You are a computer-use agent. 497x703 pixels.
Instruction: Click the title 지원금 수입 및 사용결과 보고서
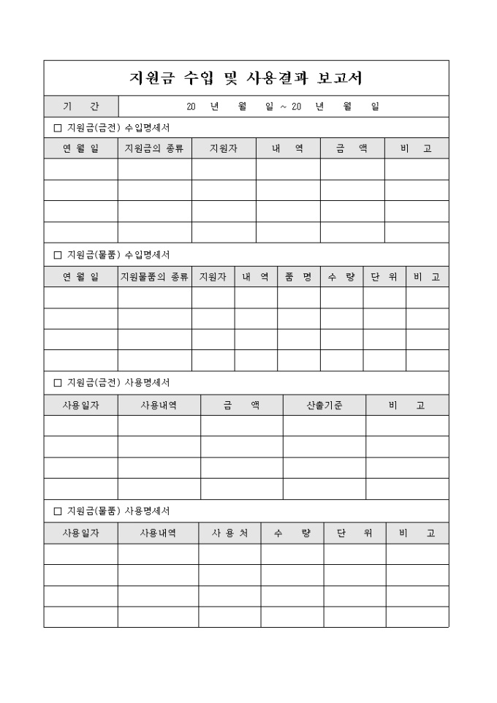click(246, 77)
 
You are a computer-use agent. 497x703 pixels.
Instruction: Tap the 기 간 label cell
click(80, 107)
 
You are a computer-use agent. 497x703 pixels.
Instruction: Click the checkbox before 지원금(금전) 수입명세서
click(58, 128)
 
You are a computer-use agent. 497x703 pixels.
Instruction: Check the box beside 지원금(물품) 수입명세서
click(58, 255)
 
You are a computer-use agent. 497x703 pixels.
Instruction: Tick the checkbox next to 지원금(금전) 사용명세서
click(58, 383)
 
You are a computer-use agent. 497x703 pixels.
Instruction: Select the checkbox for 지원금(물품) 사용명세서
click(58, 511)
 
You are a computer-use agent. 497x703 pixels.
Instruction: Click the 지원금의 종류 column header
click(154, 148)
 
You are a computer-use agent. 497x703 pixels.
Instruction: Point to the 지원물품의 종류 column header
click(154, 277)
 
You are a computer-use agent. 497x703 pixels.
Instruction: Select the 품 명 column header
click(298, 277)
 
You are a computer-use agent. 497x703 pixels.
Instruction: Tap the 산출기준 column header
click(325, 405)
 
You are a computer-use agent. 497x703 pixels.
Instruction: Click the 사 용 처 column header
click(229, 533)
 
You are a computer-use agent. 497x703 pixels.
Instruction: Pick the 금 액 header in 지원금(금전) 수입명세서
click(352, 148)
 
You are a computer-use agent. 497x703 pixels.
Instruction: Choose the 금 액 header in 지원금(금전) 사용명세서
click(241, 405)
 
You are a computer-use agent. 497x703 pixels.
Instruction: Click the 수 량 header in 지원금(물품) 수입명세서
click(341, 277)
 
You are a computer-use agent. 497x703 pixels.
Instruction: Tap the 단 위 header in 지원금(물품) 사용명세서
click(354, 533)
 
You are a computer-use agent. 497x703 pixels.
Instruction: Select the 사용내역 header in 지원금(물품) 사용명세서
click(158, 533)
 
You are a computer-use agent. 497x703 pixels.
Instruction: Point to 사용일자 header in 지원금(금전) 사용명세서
click(80, 405)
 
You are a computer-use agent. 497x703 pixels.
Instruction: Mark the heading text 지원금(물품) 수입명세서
click(118, 255)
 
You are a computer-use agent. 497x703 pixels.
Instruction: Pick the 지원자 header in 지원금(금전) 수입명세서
click(224, 148)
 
